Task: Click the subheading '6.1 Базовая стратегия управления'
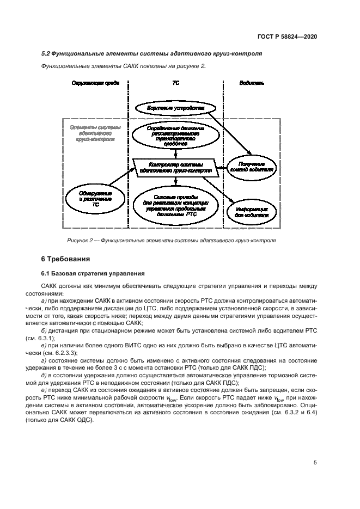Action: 93,273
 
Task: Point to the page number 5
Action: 315,463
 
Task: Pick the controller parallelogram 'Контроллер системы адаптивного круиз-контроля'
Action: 175,167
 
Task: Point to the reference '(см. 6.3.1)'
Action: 57,338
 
